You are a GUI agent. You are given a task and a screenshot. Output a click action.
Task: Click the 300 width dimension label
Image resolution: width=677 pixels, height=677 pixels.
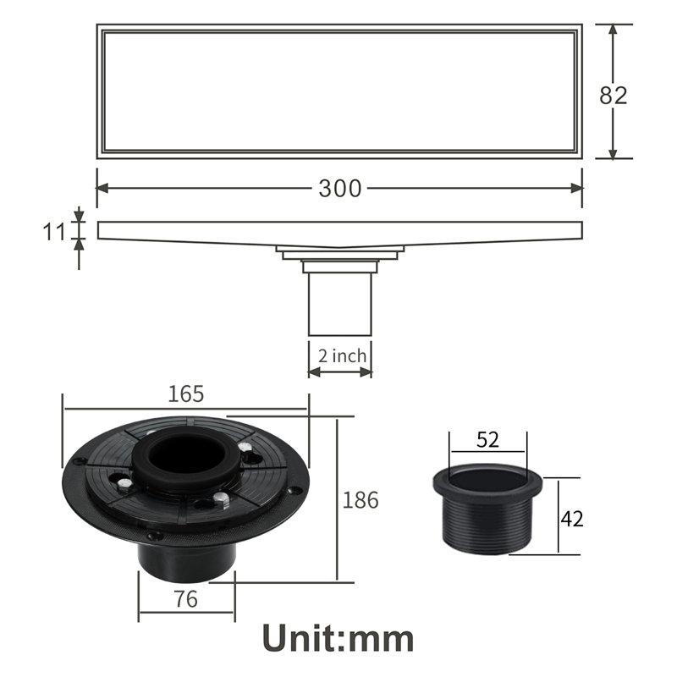coord(340,189)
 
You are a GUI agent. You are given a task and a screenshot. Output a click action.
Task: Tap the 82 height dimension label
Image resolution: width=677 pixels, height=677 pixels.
coord(613,96)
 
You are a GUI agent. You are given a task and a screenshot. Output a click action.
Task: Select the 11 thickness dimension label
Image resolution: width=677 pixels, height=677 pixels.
coord(54,232)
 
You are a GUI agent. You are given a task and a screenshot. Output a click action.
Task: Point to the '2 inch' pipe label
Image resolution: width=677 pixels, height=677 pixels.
coord(342,356)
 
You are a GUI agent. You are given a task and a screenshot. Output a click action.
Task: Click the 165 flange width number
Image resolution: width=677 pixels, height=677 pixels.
coord(185,394)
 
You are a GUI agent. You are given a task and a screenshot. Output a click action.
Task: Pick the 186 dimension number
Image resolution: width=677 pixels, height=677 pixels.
coord(361,500)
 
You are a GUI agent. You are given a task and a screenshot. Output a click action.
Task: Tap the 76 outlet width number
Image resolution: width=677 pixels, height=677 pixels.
coord(185,599)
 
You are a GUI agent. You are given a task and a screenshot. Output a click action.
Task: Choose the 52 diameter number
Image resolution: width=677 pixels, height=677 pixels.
coord(488,439)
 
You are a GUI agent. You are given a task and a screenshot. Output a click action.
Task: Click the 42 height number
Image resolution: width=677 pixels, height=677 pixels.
coord(572,519)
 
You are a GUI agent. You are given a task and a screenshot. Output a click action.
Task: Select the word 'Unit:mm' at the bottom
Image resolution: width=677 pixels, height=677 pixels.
coord(338,639)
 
